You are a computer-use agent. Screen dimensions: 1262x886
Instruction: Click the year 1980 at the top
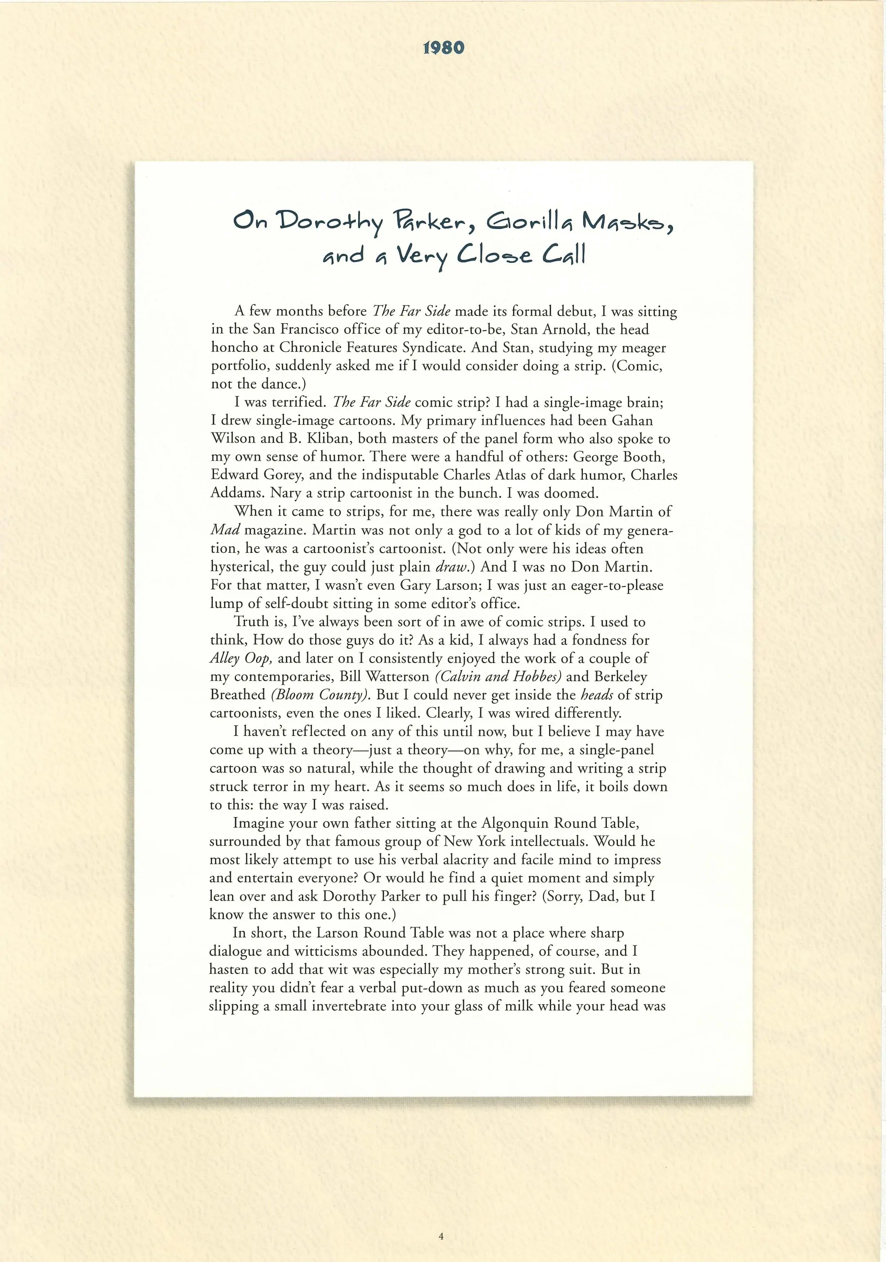point(444,48)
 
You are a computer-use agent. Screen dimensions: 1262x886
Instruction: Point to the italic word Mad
point(224,530)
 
